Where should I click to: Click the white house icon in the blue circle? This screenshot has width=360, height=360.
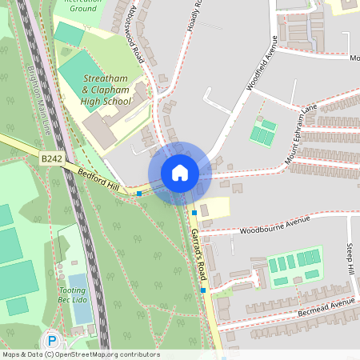point(180,172)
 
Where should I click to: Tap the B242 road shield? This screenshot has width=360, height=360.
point(52,160)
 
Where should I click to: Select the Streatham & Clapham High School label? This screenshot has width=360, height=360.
point(107,90)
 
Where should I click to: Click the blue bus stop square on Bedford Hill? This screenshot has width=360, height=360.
point(139,193)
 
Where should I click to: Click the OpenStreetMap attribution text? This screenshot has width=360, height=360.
point(80,354)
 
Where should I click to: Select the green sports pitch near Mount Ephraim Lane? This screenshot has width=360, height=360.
point(263,131)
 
